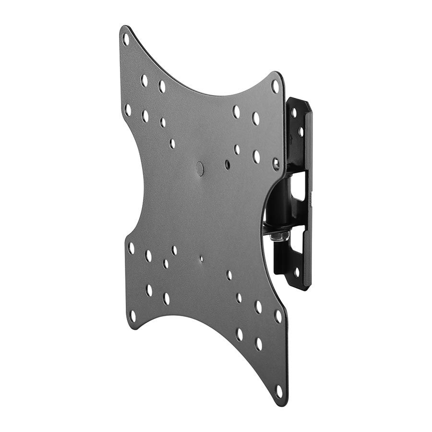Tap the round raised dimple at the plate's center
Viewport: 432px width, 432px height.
coord(200,168)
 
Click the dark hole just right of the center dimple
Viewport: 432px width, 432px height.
coord(227,165)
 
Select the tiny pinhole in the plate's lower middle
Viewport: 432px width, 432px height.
coord(201,258)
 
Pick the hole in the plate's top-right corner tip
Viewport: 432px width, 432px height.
coord(275,86)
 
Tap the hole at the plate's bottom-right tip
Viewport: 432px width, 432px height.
coord(279,390)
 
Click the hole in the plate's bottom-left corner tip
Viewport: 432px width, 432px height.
coord(132,316)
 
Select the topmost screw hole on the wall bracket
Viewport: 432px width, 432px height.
coord(293,113)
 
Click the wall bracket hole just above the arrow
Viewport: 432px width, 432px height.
coord(300,131)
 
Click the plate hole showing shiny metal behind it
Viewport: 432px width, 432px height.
coord(276,164)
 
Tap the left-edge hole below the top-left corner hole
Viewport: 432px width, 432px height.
coord(128,109)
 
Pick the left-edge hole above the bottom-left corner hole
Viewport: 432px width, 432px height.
coord(131,248)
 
